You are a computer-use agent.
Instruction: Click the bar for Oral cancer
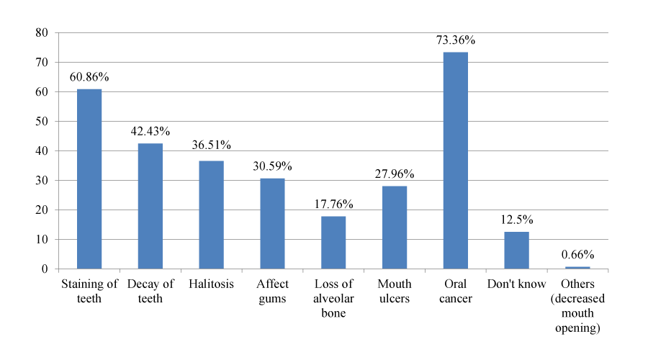click(456, 161)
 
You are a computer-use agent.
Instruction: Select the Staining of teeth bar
click(89, 179)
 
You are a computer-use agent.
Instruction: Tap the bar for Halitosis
click(211, 215)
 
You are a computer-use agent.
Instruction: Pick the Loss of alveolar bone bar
click(333, 243)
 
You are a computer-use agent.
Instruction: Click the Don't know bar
click(516, 251)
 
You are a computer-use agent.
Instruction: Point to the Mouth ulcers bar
click(395, 228)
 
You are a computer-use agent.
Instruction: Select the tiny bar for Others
click(577, 268)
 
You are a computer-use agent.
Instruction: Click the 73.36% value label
click(456, 40)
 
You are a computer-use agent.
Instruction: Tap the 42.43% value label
click(150, 132)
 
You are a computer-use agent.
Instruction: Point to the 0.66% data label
click(577, 255)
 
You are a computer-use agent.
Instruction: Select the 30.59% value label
click(272, 166)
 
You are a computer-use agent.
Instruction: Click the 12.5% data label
click(516, 220)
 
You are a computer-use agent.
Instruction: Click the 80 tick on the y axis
click(42, 32)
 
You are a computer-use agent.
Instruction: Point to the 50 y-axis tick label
click(42, 122)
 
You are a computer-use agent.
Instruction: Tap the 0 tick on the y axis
click(45, 269)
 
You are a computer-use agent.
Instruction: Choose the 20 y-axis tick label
click(42, 210)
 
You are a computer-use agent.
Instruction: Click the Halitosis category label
click(211, 284)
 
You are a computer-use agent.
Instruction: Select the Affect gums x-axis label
click(272, 292)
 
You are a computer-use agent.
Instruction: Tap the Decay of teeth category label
click(150, 292)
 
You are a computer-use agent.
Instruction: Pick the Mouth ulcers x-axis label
click(395, 292)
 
